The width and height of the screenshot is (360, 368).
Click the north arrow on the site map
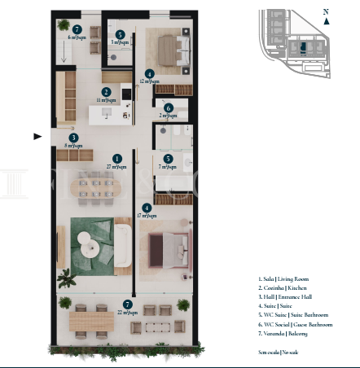326,20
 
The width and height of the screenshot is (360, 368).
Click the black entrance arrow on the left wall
37,136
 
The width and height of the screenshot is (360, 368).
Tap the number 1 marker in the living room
117,158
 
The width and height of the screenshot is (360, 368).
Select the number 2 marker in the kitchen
107,92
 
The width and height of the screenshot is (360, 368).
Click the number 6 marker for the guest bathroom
168,107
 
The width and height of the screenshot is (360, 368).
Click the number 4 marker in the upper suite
149,73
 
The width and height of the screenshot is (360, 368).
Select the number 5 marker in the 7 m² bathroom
167,159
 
